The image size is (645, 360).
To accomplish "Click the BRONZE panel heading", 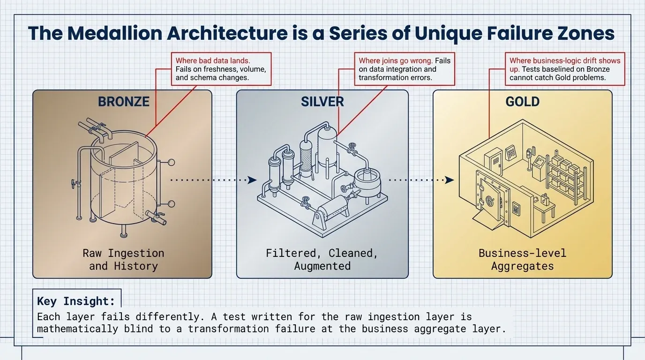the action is pyautogui.click(x=124, y=102).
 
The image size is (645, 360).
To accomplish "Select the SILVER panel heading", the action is pyautogui.click(x=322, y=102).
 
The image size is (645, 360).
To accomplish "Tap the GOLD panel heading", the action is pyautogui.click(x=522, y=102).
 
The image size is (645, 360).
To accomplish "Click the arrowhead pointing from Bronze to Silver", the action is pyautogui.click(x=252, y=180).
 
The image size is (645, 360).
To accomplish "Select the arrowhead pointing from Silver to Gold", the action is pyautogui.click(x=450, y=180).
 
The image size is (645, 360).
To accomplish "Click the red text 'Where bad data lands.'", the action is pyautogui.click(x=213, y=61).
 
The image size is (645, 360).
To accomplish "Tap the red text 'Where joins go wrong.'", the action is pyautogui.click(x=396, y=61).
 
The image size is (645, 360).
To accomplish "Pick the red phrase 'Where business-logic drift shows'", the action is pyautogui.click(x=565, y=61).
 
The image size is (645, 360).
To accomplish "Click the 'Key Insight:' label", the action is pyautogui.click(x=76, y=301).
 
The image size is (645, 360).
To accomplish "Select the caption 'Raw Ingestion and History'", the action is pyautogui.click(x=124, y=260).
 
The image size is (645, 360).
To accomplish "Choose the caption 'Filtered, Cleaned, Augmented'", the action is pyautogui.click(x=322, y=260).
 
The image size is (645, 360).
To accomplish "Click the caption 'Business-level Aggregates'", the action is pyautogui.click(x=522, y=260).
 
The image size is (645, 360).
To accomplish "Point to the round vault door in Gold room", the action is pyautogui.click(x=489, y=201).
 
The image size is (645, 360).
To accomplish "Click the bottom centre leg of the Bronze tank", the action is pyautogui.click(x=124, y=231).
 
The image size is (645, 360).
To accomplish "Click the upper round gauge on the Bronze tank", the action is pyautogui.click(x=171, y=163).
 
